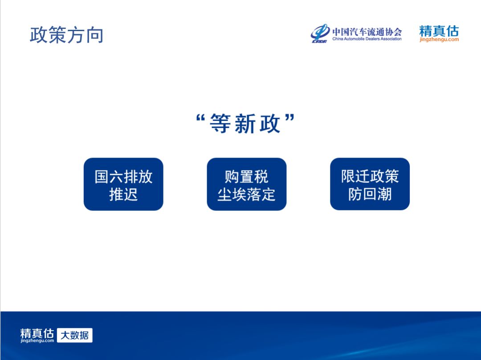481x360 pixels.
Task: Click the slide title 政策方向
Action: (x=66, y=35)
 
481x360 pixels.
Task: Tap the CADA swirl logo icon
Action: (x=320, y=33)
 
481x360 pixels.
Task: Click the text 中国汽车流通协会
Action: (x=367, y=32)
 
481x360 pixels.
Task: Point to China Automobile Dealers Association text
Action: (x=367, y=39)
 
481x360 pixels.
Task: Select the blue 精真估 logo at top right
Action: (x=439, y=31)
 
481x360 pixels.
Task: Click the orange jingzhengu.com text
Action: (x=439, y=39)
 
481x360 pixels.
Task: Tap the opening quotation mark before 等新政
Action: (x=200, y=118)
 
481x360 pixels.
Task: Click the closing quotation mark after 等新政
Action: (x=290, y=117)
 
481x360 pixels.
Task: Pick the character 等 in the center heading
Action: (x=220, y=123)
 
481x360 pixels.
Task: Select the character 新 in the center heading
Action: (x=245, y=124)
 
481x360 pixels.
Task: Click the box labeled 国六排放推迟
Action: (x=123, y=184)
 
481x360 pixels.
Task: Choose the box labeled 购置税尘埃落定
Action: (x=247, y=184)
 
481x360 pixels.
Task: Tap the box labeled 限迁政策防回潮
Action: (x=370, y=184)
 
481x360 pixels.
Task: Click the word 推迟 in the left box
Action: (x=123, y=194)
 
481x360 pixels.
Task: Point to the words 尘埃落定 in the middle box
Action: (x=247, y=194)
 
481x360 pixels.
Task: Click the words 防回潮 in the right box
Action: (x=370, y=194)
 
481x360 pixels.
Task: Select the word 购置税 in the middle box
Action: (x=247, y=177)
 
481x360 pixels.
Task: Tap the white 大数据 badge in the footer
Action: (x=75, y=335)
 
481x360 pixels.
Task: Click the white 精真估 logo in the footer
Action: (x=37, y=333)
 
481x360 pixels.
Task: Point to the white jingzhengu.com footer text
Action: (x=37, y=341)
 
